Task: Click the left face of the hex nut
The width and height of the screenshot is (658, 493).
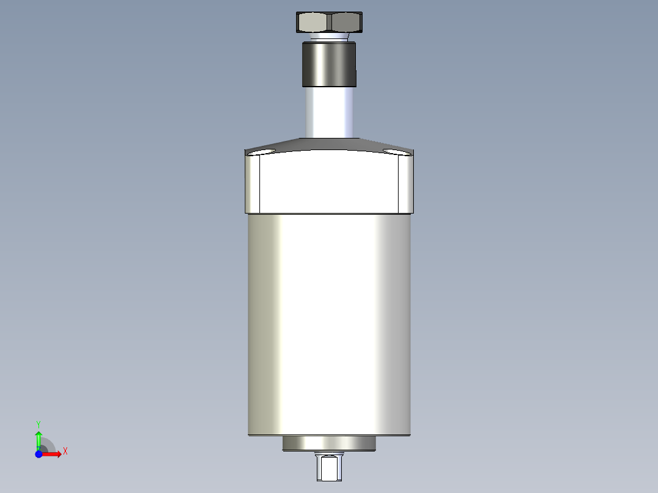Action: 313,23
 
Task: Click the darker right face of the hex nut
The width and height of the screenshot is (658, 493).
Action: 345,23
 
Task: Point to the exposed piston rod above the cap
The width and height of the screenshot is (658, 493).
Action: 329,113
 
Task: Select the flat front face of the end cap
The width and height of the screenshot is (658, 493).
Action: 330,183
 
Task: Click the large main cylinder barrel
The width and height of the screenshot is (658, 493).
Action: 329,323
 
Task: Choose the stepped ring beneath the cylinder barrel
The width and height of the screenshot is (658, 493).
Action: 329,444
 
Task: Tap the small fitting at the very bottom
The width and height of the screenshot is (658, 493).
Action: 329,469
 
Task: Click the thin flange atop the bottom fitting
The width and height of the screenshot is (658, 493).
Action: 329,454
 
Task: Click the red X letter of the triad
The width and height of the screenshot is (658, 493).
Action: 65,451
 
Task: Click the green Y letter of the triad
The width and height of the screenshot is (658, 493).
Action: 38,423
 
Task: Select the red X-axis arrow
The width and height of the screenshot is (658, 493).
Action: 52,454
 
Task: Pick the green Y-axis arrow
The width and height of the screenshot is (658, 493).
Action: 38,438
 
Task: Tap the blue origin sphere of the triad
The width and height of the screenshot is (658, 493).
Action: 38,454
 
